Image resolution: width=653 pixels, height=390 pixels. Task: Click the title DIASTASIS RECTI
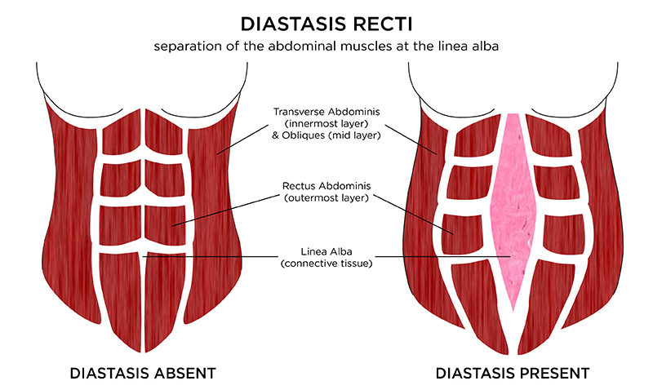[x=325, y=19]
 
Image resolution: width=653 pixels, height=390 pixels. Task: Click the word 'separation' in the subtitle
[x=185, y=46]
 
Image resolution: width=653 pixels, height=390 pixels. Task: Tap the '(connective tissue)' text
[x=325, y=264]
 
